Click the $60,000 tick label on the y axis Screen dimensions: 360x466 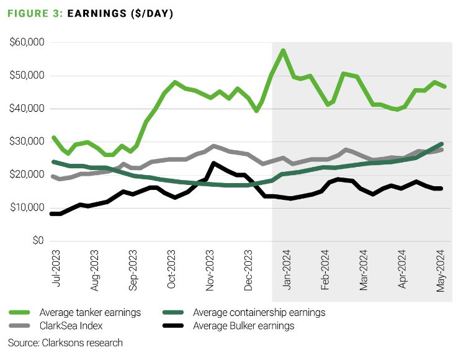27,43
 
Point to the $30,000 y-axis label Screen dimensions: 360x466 27,142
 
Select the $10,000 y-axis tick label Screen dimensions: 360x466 27,207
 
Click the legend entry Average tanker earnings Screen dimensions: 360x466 90,312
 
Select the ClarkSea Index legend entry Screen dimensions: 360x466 71,325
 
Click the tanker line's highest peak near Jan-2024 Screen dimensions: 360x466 283,50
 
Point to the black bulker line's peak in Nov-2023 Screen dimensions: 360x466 213,164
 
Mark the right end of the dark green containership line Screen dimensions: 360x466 441,143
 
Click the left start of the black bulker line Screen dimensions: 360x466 52,214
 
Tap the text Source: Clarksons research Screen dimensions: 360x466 65,343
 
